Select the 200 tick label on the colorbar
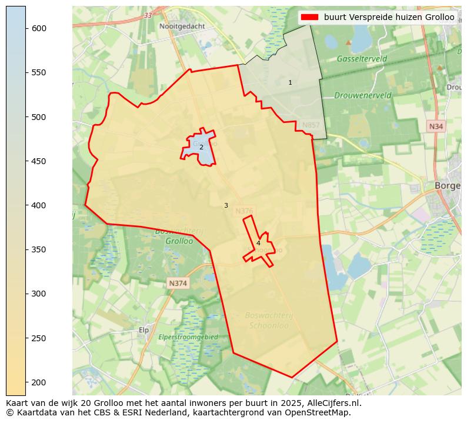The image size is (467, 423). click(x=39, y=382)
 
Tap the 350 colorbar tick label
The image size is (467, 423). click(x=39, y=249)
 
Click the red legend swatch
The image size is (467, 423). click(x=309, y=17)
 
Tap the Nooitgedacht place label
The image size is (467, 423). click(x=182, y=26)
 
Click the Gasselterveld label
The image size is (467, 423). click(x=362, y=59)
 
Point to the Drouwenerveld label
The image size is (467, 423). click(x=362, y=95)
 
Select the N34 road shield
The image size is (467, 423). click(x=435, y=126)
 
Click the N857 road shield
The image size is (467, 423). click(x=311, y=125)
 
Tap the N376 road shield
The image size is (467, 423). click(x=244, y=211)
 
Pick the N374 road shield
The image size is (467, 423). click(x=178, y=284)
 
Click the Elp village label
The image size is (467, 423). click(x=144, y=330)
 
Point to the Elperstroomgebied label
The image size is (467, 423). click(x=188, y=337)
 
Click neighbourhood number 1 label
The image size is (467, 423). click(x=290, y=83)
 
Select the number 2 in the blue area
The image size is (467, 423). click(x=201, y=147)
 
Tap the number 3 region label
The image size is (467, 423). click(x=226, y=206)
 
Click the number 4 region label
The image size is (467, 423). click(x=258, y=243)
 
